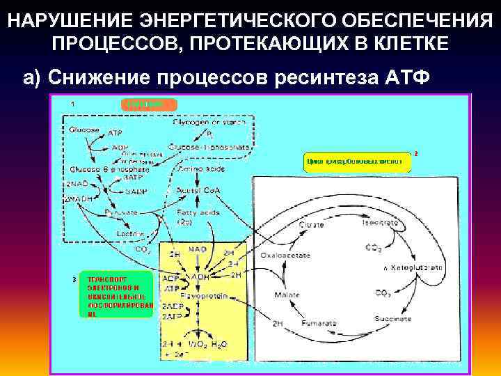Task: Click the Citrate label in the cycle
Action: [311, 226]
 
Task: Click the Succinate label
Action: [393, 318]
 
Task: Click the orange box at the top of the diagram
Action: [149, 104]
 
